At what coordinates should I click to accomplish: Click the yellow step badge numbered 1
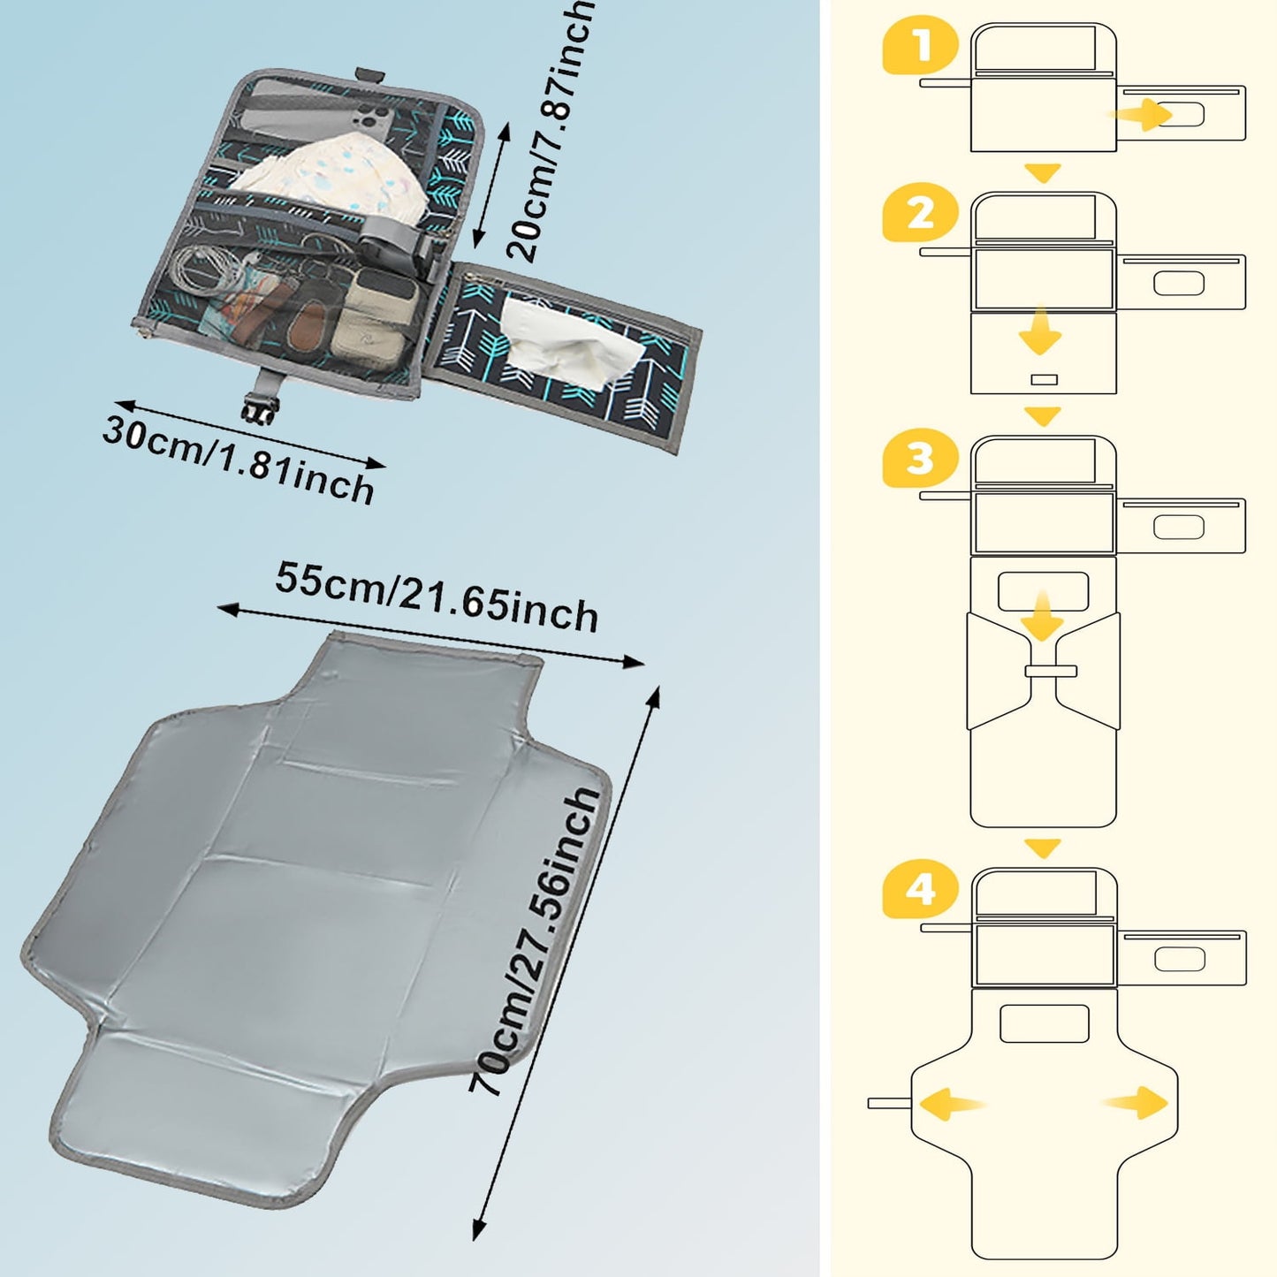coord(921,46)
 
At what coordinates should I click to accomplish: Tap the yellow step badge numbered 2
coord(921,215)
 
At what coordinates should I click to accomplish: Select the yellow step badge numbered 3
coord(921,460)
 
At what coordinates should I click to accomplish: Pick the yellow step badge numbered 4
coord(921,890)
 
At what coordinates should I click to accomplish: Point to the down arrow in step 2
coord(1039,331)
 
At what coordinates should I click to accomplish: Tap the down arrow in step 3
coord(1043,617)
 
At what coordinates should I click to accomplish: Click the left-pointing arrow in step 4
coord(950,1104)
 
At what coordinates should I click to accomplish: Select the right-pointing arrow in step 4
coord(1137,1102)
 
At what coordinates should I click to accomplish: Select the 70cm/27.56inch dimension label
coord(536,941)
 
